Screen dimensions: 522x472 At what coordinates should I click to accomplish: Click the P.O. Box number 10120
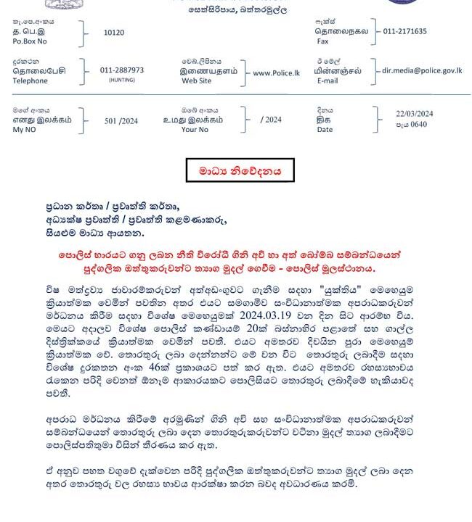[x=114, y=33]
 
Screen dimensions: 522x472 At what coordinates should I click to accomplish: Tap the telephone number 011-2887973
[x=122, y=70]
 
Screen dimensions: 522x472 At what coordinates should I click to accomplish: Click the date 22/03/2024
[x=415, y=114]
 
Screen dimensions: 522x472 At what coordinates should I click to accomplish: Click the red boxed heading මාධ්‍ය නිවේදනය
[x=239, y=172]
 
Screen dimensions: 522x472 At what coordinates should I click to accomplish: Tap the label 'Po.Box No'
[x=30, y=42]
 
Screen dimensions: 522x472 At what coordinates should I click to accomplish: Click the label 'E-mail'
[x=327, y=80]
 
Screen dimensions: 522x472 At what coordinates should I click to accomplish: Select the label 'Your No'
[x=194, y=130]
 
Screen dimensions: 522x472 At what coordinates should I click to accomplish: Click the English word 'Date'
[x=325, y=130]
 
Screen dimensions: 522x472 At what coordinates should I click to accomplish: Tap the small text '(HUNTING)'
[x=122, y=80]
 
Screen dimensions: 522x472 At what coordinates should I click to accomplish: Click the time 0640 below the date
[x=419, y=125]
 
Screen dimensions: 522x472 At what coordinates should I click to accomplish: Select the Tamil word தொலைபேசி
[x=36, y=72]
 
